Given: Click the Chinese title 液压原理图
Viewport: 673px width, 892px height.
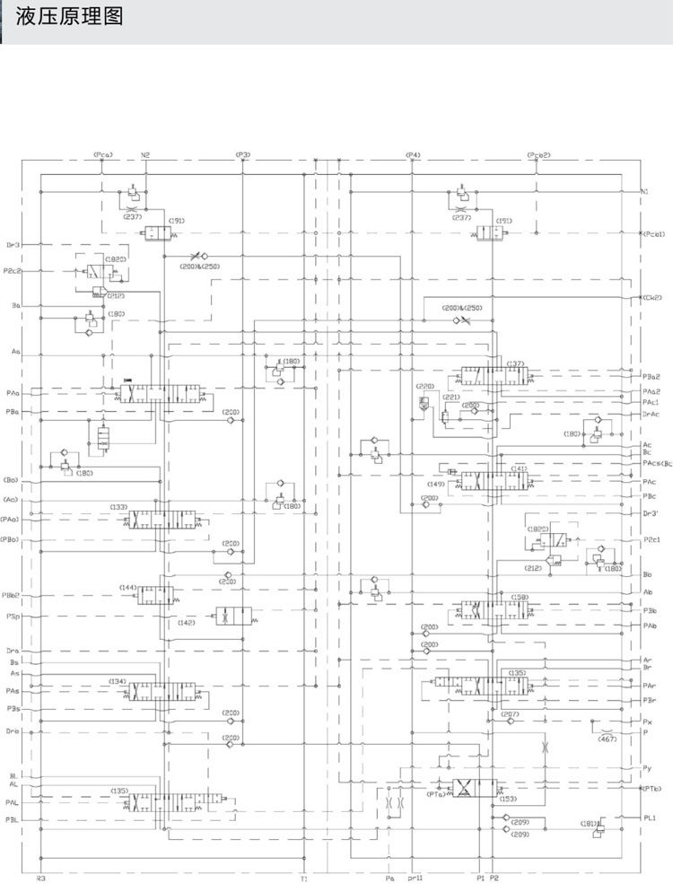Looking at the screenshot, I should click(x=68, y=17).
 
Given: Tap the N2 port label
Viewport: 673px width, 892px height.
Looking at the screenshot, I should click(x=145, y=155).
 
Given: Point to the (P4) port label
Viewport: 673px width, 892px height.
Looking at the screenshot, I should click(x=413, y=155).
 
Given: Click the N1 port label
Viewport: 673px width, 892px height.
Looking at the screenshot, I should click(x=645, y=192).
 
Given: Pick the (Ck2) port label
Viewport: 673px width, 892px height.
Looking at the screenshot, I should click(x=651, y=298).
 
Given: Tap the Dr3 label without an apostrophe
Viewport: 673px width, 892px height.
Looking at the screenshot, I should click(x=13, y=244).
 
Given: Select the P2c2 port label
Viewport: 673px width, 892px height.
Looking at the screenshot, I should click(x=13, y=270).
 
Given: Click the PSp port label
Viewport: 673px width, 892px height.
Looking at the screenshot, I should click(x=13, y=617).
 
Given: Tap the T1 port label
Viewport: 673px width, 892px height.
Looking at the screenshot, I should click(x=304, y=879).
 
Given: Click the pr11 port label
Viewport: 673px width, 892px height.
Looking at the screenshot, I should click(x=415, y=879).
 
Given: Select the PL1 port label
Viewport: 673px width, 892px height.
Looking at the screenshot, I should click(x=650, y=818).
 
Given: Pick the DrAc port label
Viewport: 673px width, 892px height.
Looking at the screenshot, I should click(x=651, y=414).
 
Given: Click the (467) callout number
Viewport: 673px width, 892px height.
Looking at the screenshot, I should click(x=607, y=739).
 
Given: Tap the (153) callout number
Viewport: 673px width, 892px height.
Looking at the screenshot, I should click(x=508, y=799).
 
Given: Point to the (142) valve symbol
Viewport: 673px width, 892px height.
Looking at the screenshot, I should click(x=233, y=616).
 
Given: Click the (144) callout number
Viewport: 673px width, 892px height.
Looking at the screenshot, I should click(x=128, y=588).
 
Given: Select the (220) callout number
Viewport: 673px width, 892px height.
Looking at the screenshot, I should click(x=424, y=387).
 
